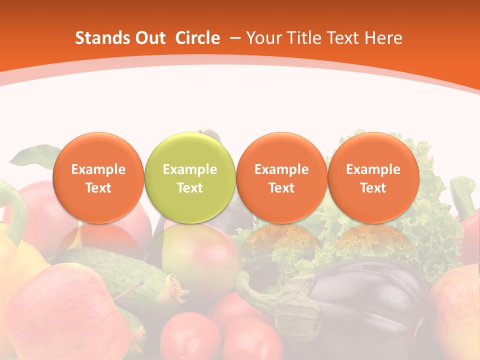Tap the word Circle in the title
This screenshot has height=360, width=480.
pos(197,38)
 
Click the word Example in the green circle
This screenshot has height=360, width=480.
pos(190,169)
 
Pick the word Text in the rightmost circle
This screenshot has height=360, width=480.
pos(373,188)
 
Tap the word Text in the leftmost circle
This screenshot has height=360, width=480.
pos(98,188)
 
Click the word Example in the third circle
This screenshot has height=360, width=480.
pos(281,169)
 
